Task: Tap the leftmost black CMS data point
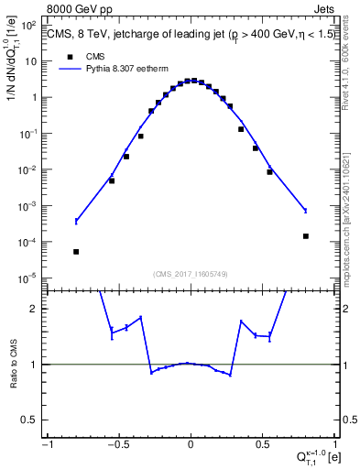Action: (x=76, y=252)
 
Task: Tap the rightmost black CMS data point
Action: (x=306, y=236)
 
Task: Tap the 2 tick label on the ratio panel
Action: (x=36, y=309)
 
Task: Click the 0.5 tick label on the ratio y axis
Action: (x=32, y=420)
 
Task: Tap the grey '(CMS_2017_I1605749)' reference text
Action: (x=191, y=273)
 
